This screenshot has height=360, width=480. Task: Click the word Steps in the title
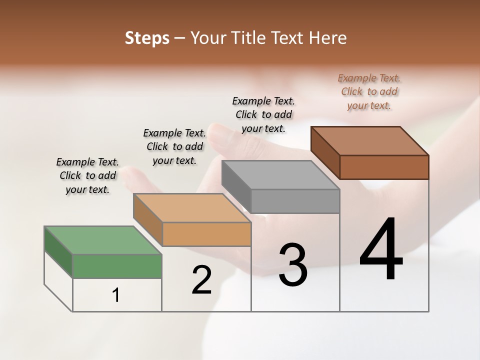coord(147,38)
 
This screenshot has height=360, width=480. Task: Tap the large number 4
coord(381,248)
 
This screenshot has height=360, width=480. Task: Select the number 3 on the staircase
coord(292,265)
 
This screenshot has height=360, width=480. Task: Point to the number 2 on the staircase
coord(201,280)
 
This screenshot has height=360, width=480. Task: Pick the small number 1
coord(116,295)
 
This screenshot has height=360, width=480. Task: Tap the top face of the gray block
coord(280,175)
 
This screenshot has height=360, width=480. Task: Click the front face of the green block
coord(117,266)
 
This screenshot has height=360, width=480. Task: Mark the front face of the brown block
coord(384,167)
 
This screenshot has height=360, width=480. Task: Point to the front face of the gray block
coord(295,201)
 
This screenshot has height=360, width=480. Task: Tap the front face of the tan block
coord(206,234)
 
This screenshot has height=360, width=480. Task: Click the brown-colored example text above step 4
coord(369,92)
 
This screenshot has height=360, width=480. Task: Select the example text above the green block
coord(87,176)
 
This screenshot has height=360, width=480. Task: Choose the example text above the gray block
coord(263,115)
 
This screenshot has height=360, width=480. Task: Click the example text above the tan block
coord(174,147)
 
